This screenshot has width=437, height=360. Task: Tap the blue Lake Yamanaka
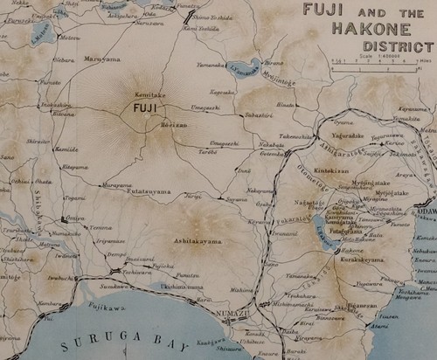point(241,69)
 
